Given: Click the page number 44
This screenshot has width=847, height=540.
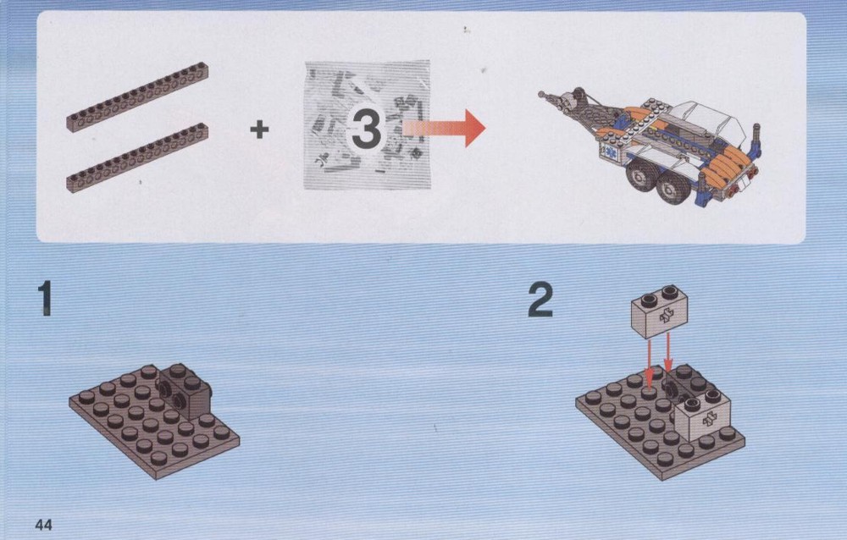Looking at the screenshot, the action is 43,524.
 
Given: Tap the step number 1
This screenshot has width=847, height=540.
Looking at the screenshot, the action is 45,298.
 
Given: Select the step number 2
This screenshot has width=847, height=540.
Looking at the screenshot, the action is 540,300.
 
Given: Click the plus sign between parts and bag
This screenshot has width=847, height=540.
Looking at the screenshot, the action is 259,129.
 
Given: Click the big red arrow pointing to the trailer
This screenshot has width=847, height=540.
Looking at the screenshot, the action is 444,128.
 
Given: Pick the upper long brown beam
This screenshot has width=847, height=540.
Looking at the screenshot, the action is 138,97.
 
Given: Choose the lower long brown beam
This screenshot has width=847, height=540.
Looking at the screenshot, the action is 138,158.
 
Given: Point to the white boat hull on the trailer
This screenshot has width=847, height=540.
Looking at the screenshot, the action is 707,122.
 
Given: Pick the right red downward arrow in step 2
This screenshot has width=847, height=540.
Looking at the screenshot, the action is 668,353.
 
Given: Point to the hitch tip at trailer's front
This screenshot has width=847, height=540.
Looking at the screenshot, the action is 541,95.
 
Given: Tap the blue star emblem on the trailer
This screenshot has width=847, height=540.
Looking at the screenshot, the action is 609,150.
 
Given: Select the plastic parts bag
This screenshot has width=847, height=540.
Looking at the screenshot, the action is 368,125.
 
